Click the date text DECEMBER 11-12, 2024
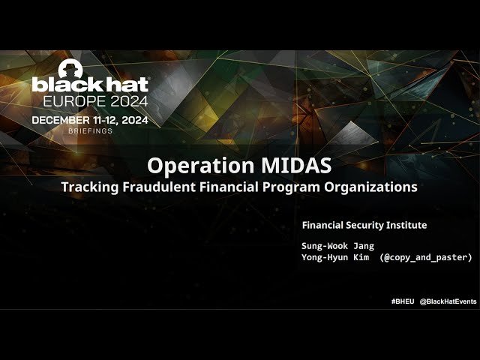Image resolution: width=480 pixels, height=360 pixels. [89, 120]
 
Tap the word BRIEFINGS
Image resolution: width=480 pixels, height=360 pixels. [90, 130]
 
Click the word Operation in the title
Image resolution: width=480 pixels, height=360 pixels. [188, 166]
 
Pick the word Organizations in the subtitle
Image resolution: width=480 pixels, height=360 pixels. [374, 187]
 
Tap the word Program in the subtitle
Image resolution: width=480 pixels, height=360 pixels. [298, 187]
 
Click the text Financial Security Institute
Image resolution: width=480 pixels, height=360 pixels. [364, 225]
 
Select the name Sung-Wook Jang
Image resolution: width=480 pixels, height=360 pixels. [337, 246]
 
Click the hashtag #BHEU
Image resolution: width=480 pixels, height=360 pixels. [402, 301]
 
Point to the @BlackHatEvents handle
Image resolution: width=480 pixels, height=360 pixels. [448, 301]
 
